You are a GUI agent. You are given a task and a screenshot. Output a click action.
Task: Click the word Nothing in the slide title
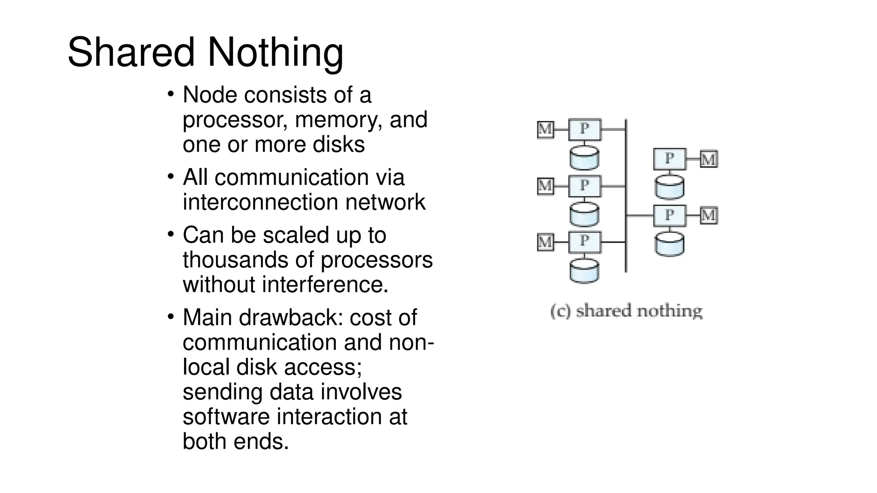point(275,52)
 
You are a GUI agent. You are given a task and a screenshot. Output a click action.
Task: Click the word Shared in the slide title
point(131,52)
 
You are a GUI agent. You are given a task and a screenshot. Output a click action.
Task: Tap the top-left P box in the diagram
point(585,129)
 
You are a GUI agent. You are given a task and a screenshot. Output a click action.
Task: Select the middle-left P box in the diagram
point(585,186)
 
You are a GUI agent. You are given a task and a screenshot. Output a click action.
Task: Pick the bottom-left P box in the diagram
point(585,242)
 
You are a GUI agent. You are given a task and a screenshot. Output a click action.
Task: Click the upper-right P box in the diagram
point(669,159)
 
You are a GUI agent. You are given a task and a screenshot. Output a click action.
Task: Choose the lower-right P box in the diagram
point(669,215)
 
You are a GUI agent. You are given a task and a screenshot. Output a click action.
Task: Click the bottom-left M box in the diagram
point(545,242)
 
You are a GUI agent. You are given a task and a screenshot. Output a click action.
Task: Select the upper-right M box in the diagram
point(709,159)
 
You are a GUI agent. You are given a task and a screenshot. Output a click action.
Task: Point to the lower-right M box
point(709,215)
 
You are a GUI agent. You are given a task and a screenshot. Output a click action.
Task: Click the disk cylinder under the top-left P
point(584,157)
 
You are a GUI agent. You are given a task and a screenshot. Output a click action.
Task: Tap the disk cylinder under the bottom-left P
point(584,270)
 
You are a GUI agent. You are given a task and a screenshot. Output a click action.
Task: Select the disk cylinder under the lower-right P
point(669,244)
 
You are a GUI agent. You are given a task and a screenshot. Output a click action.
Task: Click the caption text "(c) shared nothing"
point(626,311)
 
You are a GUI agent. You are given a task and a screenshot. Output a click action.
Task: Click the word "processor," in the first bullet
point(235,119)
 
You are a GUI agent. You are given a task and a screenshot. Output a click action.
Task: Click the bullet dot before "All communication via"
point(170,176)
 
